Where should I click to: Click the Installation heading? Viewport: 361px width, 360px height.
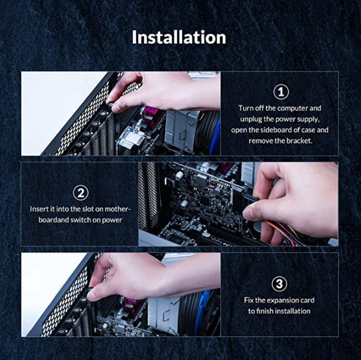click(179, 37)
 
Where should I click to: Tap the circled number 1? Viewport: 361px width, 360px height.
click(281, 92)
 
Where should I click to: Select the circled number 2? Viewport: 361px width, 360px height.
click(80, 193)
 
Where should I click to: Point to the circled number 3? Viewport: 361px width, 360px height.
click(279, 284)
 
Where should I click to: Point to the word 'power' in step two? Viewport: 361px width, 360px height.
click(112, 220)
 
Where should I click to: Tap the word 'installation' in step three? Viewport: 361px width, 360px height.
click(292, 311)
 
